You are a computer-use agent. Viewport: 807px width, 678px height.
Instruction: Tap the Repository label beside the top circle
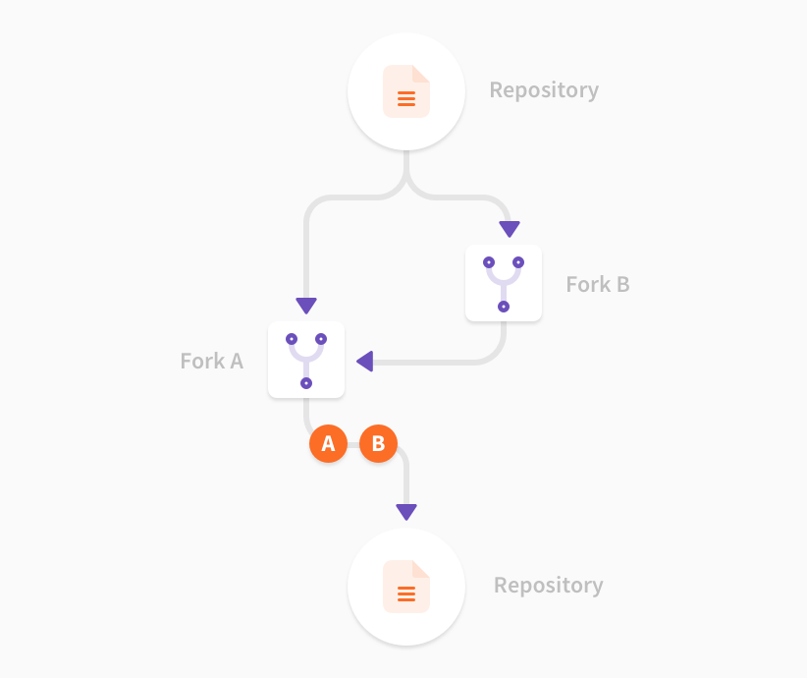tap(544, 90)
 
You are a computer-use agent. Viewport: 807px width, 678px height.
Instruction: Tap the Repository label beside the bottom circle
tap(548, 586)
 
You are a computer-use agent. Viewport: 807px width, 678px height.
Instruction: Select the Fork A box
tap(306, 360)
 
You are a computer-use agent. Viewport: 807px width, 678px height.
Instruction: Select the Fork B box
tap(504, 283)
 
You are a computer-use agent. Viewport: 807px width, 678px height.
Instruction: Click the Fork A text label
tap(211, 362)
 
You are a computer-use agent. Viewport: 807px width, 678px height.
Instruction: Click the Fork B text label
tap(598, 285)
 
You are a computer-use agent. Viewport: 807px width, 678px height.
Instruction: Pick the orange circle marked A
tap(328, 444)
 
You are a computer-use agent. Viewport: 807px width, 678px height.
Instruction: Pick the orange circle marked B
tap(378, 444)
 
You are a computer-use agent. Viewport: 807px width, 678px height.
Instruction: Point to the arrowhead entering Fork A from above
tap(306, 306)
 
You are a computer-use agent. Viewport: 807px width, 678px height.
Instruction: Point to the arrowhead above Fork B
tap(509, 229)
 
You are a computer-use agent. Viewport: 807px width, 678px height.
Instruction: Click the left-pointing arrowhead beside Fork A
tap(364, 362)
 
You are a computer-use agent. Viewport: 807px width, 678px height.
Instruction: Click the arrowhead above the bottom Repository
tap(406, 512)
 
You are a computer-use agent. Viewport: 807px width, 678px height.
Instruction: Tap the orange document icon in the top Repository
tap(406, 92)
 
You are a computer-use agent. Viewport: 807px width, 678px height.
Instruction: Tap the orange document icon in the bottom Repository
tap(406, 588)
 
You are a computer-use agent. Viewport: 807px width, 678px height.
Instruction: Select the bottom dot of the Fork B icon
tap(504, 307)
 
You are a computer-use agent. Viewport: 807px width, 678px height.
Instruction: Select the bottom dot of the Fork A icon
tap(306, 383)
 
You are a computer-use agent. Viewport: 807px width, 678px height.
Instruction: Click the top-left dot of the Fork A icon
tap(292, 339)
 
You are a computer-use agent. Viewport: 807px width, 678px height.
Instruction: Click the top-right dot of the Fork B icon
tap(518, 262)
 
